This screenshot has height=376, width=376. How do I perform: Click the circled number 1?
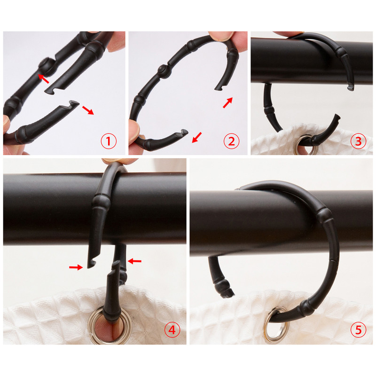[109, 141]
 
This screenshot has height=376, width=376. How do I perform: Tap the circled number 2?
[231, 141]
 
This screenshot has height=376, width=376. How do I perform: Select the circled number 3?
[358, 141]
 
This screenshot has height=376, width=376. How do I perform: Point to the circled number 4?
[172, 330]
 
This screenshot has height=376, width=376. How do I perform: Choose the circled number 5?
[358, 330]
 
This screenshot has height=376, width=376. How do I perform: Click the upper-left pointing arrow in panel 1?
[43, 78]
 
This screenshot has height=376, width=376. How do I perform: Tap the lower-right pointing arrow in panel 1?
[88, 110]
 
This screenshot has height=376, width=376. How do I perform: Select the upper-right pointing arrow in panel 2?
[228, 102]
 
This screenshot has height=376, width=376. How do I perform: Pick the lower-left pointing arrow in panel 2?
[197, 138]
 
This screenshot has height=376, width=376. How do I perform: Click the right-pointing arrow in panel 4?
[76, 267]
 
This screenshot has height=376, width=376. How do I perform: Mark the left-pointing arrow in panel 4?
[134, 261]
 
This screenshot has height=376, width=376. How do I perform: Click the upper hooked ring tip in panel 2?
[219, 88]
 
